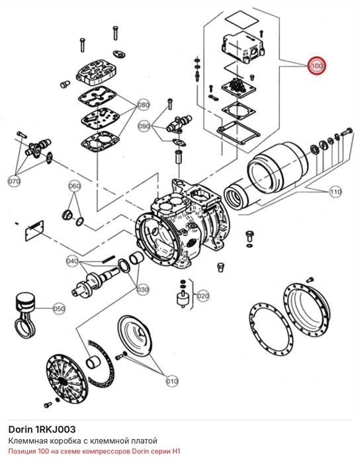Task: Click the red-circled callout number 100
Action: click(316, 65)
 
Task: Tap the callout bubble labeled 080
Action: click(144, 105)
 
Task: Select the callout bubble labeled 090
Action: click(144, 126)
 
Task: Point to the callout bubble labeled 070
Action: click(14, 181)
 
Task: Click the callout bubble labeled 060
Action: click(74, 186)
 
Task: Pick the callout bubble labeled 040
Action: click(72, 261)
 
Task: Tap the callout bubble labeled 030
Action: click(143, 290)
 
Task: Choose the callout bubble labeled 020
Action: click(203, 296)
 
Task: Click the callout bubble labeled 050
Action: click(59, 309)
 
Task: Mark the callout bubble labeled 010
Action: click(172, 381)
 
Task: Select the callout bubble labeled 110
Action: click(336, 192)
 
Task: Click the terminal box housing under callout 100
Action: click(242, 47)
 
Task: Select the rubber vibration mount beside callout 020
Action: click(183, 299)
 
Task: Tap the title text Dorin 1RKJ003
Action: click(42, 429)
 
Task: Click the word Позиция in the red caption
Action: click(22, 451)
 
